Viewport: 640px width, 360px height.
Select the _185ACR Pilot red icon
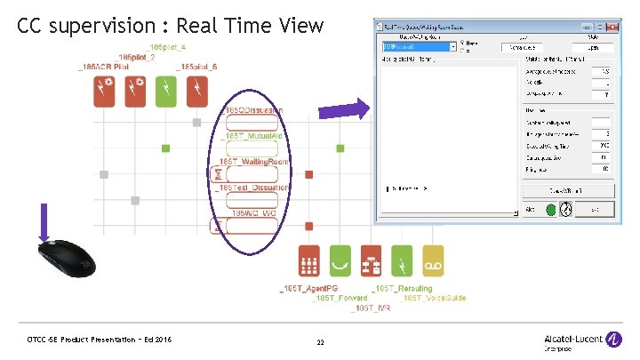coord(104,91)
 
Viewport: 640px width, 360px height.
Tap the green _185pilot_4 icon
coord(164,91)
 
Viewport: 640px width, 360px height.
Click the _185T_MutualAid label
coord(252,136)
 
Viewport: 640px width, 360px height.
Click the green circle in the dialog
coord(551,210)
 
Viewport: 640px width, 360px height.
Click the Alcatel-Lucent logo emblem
coord(612,339)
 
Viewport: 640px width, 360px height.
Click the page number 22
coord(321,342)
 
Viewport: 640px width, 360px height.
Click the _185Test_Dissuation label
coord(254,188)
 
